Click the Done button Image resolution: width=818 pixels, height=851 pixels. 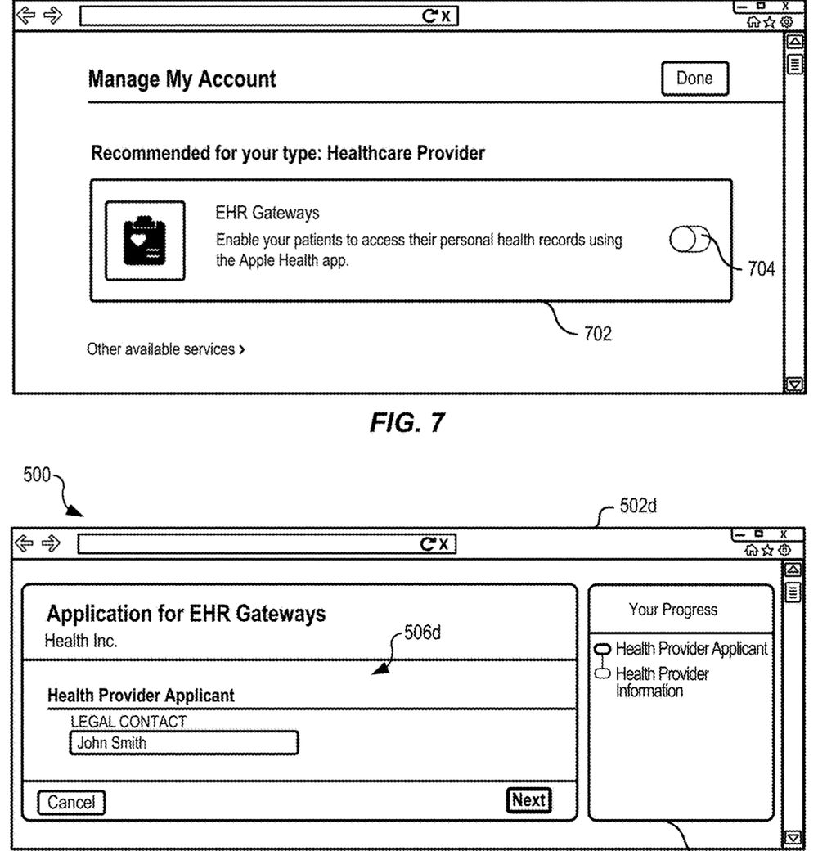tap(694, 79)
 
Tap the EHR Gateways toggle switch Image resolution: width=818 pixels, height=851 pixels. tap(690, 239)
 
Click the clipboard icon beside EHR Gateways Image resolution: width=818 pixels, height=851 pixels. tap(145, 241)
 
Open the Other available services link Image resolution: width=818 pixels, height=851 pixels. tap(166, 349)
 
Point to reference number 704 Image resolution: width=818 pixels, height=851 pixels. tap(762, 268)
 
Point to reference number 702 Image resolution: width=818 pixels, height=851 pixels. tap(598, 333)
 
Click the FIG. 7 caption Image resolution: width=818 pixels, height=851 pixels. tap(407, 422)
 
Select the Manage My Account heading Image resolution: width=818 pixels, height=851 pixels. tap(182, 79)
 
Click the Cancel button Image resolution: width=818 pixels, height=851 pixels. tap(71, 802)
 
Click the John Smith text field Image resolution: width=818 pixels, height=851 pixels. tap(184, 742)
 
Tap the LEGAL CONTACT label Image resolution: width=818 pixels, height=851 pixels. tap(128, 721)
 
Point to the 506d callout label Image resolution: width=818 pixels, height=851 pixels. tap(422, 633)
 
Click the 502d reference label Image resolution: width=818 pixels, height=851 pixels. tap(638, 506)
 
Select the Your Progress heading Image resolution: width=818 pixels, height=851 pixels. tap(673, 610)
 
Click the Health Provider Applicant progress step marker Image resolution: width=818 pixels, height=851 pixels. tap(603, 649)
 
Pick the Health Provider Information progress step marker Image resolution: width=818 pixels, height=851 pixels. tap(603, 673)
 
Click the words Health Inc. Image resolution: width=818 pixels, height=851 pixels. tap(81, 641)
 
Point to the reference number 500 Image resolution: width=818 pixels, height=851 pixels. tap(36, 475)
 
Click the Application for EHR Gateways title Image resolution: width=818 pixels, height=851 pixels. tap(186, 614)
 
